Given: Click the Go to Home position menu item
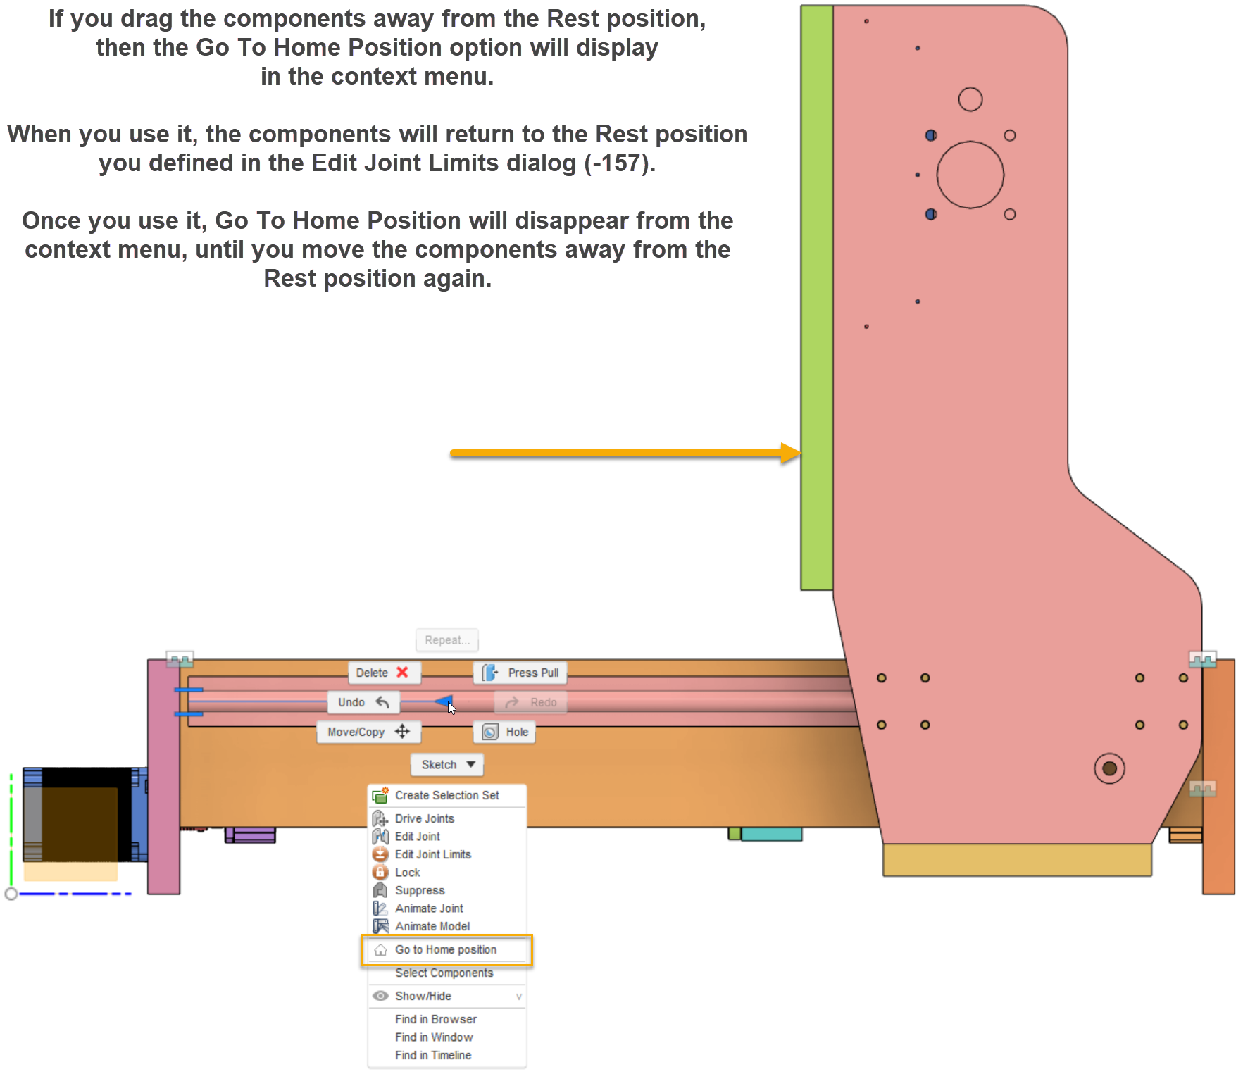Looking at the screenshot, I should point(445,949).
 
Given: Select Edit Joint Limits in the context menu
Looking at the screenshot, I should point(432,854).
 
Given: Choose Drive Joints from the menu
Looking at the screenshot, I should point(424,818).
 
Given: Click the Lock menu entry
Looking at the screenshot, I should point(407,873).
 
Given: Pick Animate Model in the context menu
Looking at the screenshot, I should point(432,926).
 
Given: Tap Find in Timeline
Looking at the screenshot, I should point(432,1055).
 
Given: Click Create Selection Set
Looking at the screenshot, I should point(446,795).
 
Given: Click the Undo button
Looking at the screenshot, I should point(363,702).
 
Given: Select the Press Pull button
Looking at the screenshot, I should point(521,673).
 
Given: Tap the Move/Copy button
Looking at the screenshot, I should point(368,732).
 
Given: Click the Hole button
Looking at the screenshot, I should point(505,732).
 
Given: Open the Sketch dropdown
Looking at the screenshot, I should point(447,764).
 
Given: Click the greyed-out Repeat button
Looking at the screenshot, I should point(446,640).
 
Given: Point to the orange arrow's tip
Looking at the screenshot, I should point(799,453).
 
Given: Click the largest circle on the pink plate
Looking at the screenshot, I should point(970,175).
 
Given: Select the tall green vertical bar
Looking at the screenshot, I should point(816,296).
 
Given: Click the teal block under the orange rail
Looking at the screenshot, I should point(770,835).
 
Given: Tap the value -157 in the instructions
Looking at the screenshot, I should point(619,163).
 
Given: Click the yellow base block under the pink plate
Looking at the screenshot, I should point(1016,860).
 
